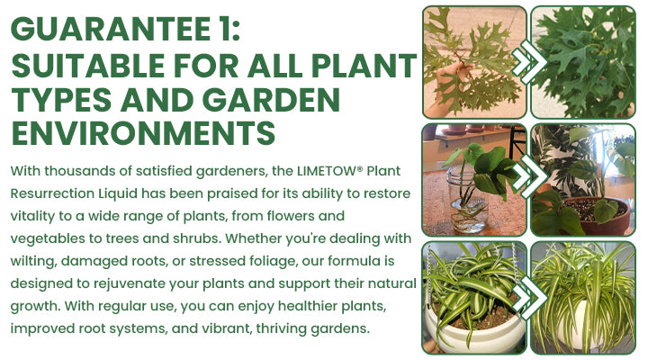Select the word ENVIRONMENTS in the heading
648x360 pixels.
pyautogui.click(x=142, y=133)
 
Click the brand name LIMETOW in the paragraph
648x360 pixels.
pyautogui.click(x=305, y=171)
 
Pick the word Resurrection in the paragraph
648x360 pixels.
pyautogui.click(x=50, y=193)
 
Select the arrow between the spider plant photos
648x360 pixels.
pyautogui.click(x=529, y=297)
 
